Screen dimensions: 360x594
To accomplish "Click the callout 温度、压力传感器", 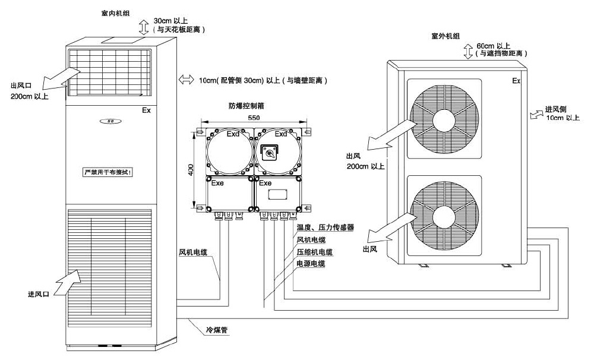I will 325,228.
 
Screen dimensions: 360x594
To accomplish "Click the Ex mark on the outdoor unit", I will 516,80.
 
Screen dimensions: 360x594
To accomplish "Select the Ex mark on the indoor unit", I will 146,110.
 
